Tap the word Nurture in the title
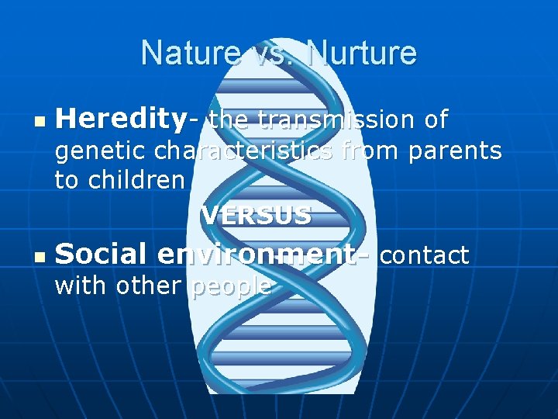coord(363,54)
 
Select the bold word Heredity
coord(121,119)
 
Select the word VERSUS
coord(257,216)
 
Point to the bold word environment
coord(262,254)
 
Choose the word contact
coord(424,255)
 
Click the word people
coord(230,286)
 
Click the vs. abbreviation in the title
coord(270,54)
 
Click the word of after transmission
coord(436,119)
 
